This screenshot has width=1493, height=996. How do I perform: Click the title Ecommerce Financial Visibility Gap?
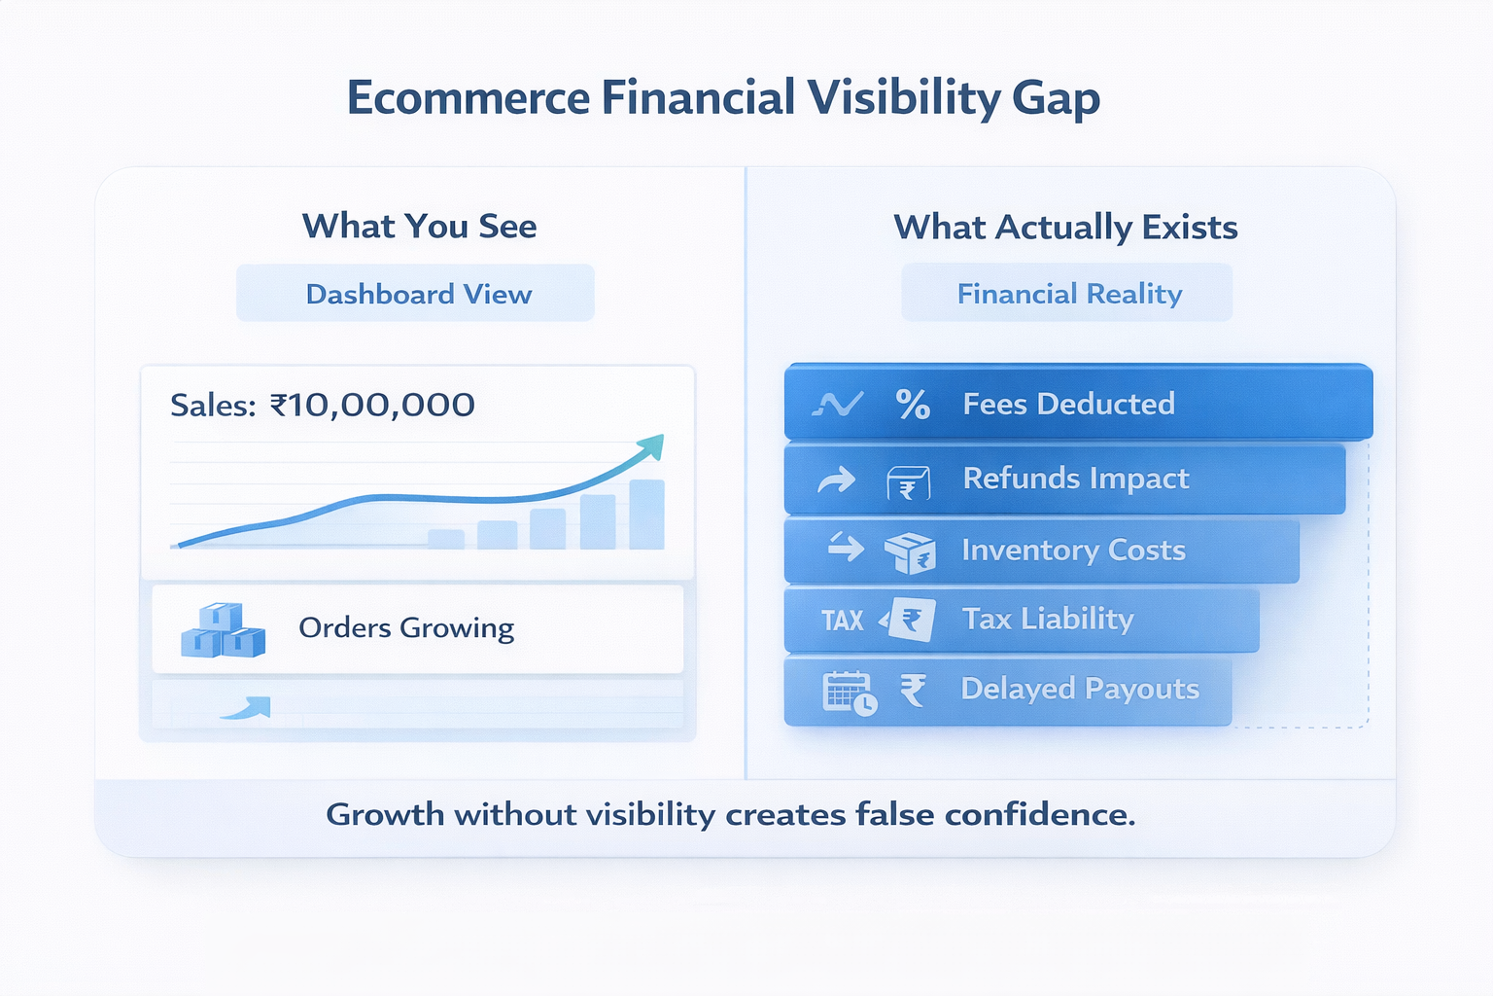click(x=723, y=98)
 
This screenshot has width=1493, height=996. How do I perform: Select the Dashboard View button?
click(x=418, y=294)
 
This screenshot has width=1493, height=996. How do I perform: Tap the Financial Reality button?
click(x=1069, y=294)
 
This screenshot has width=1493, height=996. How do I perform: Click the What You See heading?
click(x=419, y=227)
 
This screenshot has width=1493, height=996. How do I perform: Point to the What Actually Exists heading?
click(x=1065, y=228)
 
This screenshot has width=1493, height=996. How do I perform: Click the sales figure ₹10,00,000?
click(x=372, y=405)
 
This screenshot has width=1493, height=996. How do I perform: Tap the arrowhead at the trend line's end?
click(x=651, y=445)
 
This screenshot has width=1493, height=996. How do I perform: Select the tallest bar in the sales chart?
click(x=646, y=515)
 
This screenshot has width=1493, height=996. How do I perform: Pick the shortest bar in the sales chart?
click(x=446, y=539)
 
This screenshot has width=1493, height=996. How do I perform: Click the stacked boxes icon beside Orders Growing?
click(x=223, y=630)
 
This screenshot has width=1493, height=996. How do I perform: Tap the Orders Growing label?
click(x=406, y=628)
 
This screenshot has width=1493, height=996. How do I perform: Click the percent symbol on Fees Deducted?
click(x=913, y=404)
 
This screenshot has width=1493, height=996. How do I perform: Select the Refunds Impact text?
click(x=1075, y=479)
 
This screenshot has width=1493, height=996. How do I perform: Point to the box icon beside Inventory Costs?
click(x=910, y=552)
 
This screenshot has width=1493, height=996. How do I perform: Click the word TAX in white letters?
click(x=842, y=621)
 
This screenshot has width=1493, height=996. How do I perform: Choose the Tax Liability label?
click(x=1048, y=620)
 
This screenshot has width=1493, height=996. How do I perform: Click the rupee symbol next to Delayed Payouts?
click(x=913, y=691)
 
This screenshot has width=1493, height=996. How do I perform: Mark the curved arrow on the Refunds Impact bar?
click(x=836, y=480)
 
